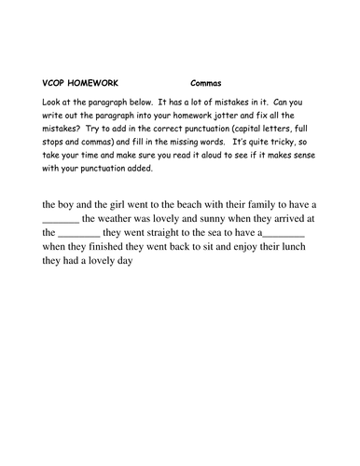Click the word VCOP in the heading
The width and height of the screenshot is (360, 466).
pos(57,82)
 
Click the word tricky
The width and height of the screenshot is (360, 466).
pos(275,136)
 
